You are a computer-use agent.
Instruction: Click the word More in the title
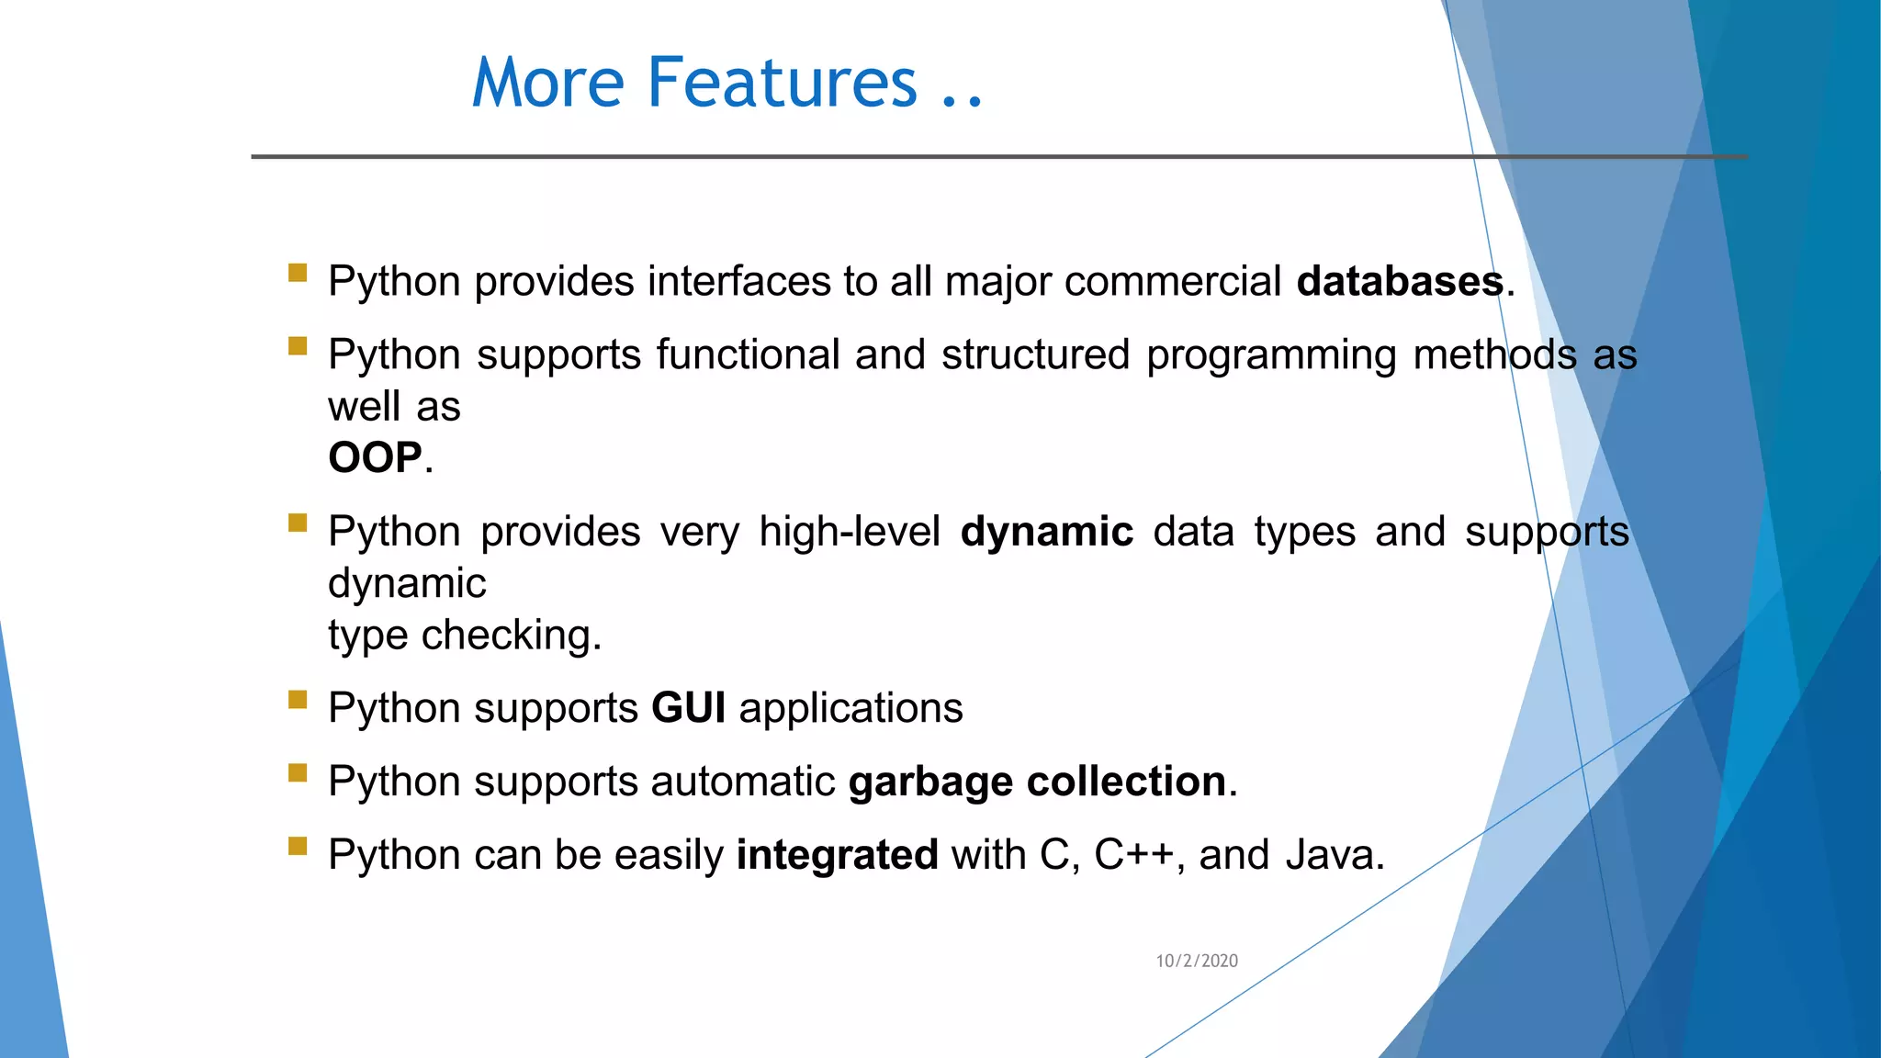(x=548, y=83)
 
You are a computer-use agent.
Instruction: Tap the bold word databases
(x=1400, y=281)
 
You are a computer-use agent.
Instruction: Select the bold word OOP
(x=375, y=457)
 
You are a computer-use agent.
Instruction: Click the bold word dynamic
(x=1046, y=532)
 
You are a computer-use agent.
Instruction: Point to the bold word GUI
(x=688, y=708)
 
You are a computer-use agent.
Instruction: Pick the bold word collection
(x=1126, y=782)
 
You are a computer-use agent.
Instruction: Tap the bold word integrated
(x=837, y=855)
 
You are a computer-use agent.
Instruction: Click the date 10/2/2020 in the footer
(x=1196, y=961)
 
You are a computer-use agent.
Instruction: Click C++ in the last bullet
(x=1133, y=855)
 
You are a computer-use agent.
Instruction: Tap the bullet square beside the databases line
(x=298, y=273)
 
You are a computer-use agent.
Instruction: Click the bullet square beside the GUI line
(x=298, y=700)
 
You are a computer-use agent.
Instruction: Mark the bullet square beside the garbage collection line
(x=298, y=773)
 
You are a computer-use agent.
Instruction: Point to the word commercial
(x=1172, y=281)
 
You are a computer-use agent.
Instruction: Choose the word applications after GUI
(x=850, y=708)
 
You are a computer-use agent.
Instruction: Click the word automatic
(x=743, y=782)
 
